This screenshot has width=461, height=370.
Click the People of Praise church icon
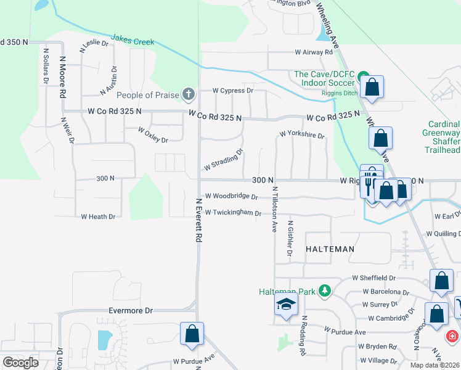tap(189, 95)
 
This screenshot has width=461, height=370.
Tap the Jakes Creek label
tap(133, 40)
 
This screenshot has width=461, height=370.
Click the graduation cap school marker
tap(285, 305)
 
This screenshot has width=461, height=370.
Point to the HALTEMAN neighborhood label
tap(330, 249)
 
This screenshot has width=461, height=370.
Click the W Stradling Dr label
tap(224, 160)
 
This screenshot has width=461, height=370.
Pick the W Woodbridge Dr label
tap(231, 196)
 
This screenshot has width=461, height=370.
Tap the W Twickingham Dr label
tap(234, 213)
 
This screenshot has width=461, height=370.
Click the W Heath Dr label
tap(99, 216)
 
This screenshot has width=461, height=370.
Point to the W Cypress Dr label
tap(233, 90)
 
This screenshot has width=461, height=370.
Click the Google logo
tap(20, 363)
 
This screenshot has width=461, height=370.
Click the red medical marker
tap(452, 337)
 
